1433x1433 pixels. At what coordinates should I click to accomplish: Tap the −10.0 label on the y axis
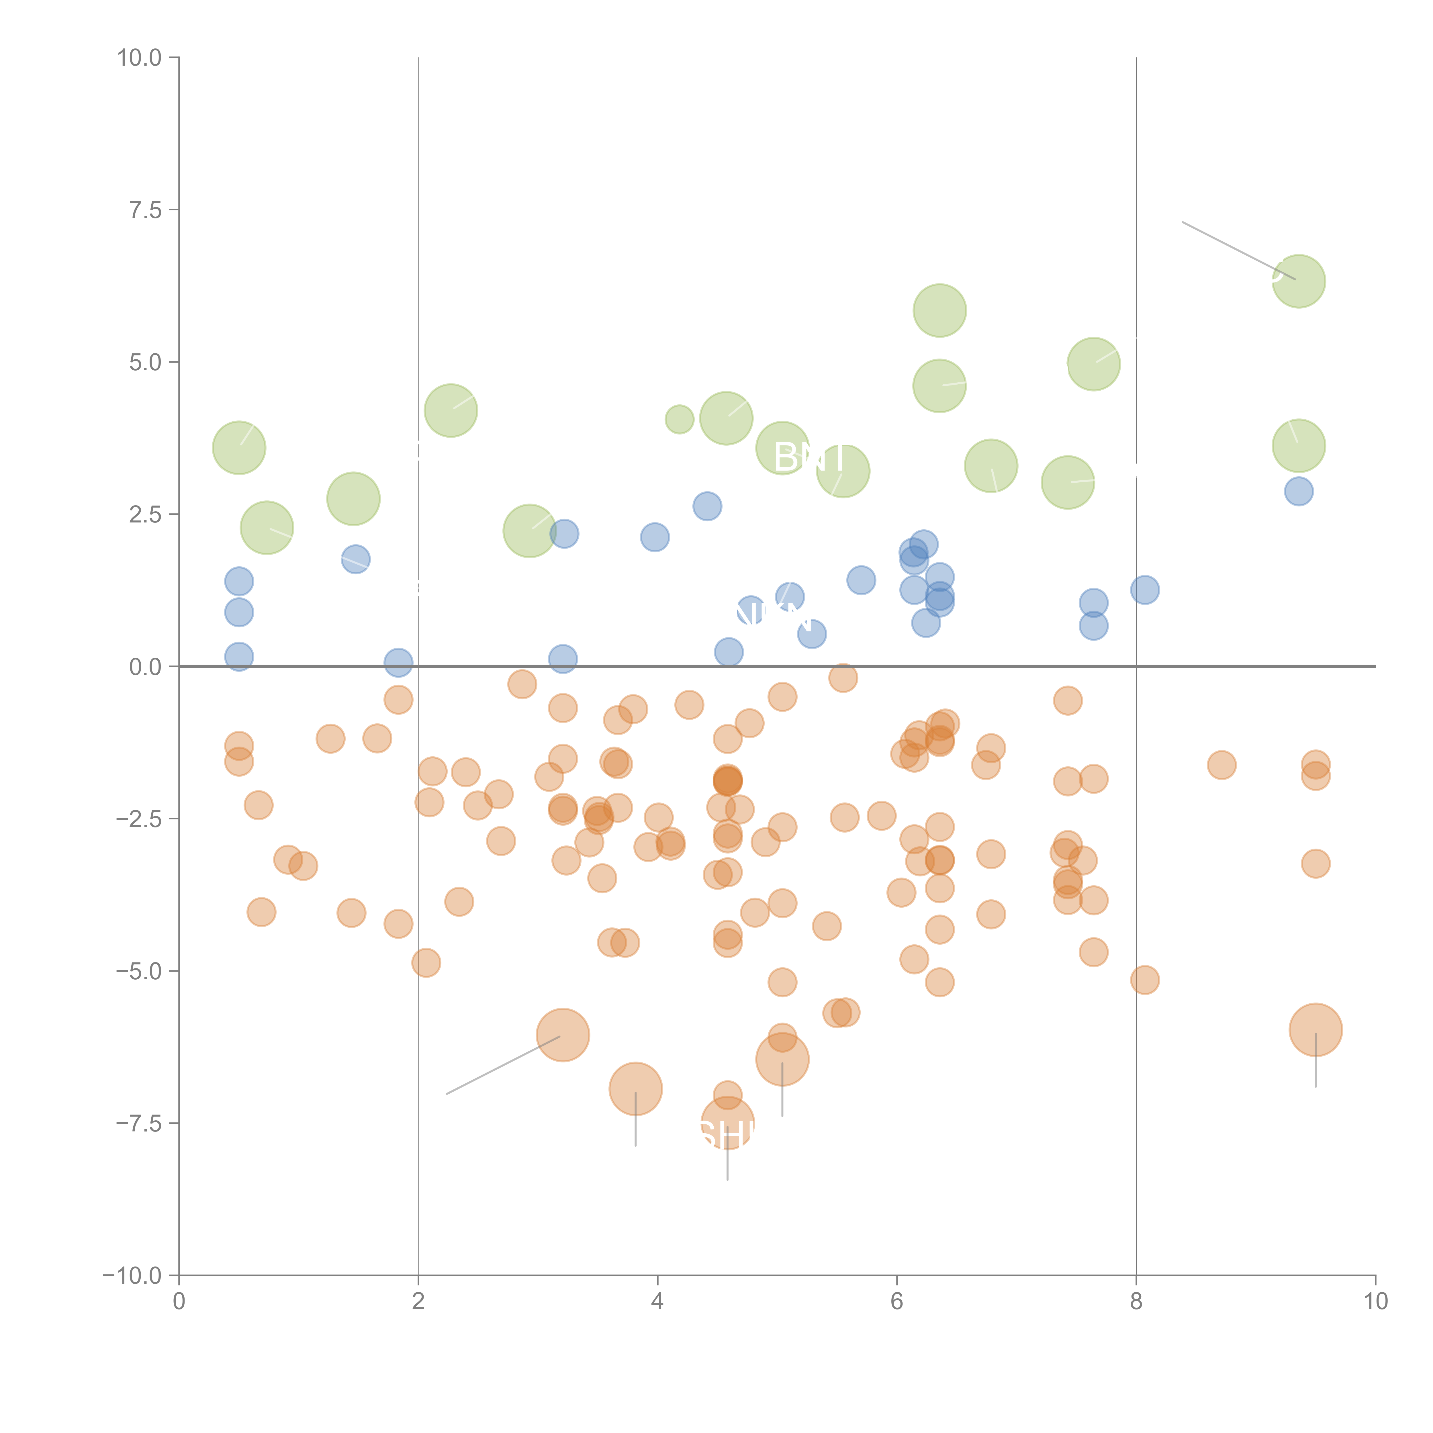tap(132, 1276)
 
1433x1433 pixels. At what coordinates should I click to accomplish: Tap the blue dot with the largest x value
tap(1299, 491)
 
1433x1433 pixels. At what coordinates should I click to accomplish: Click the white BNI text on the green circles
tap(808, 458)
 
